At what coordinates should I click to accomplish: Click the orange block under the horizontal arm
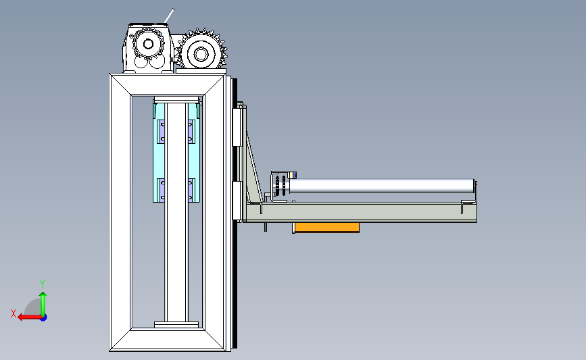[326, 228]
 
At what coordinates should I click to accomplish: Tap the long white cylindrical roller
[382, 186]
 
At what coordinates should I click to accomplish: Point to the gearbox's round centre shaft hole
[148, 45]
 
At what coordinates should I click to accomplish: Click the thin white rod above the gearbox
[169, 16]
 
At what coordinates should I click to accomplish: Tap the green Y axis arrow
[43, 304]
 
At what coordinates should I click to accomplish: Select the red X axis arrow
[30, 317]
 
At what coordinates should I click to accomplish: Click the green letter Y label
[43, 284]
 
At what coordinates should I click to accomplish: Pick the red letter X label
[14, 313]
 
